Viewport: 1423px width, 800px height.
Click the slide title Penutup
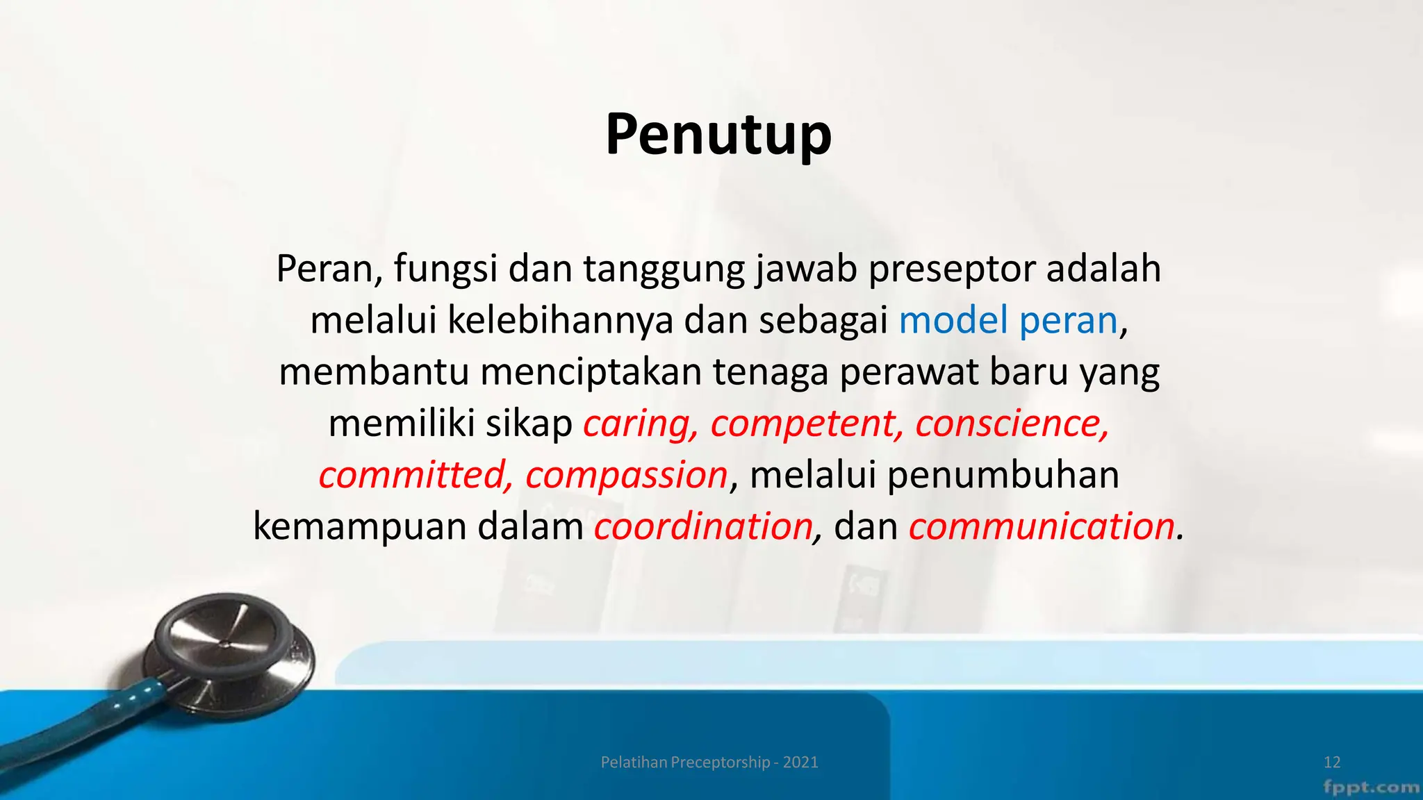(718, 134)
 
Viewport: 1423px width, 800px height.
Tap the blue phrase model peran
(1007, 320)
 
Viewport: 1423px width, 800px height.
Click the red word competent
(806, 424)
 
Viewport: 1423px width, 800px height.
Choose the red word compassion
(626, 475)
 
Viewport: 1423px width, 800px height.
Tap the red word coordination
(703, 526)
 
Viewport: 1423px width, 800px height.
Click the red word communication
(1041, 526)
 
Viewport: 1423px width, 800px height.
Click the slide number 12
(1332, 762)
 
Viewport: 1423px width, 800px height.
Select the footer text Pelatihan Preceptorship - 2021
(709, 762)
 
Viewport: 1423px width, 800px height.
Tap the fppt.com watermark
(1370, 787)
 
